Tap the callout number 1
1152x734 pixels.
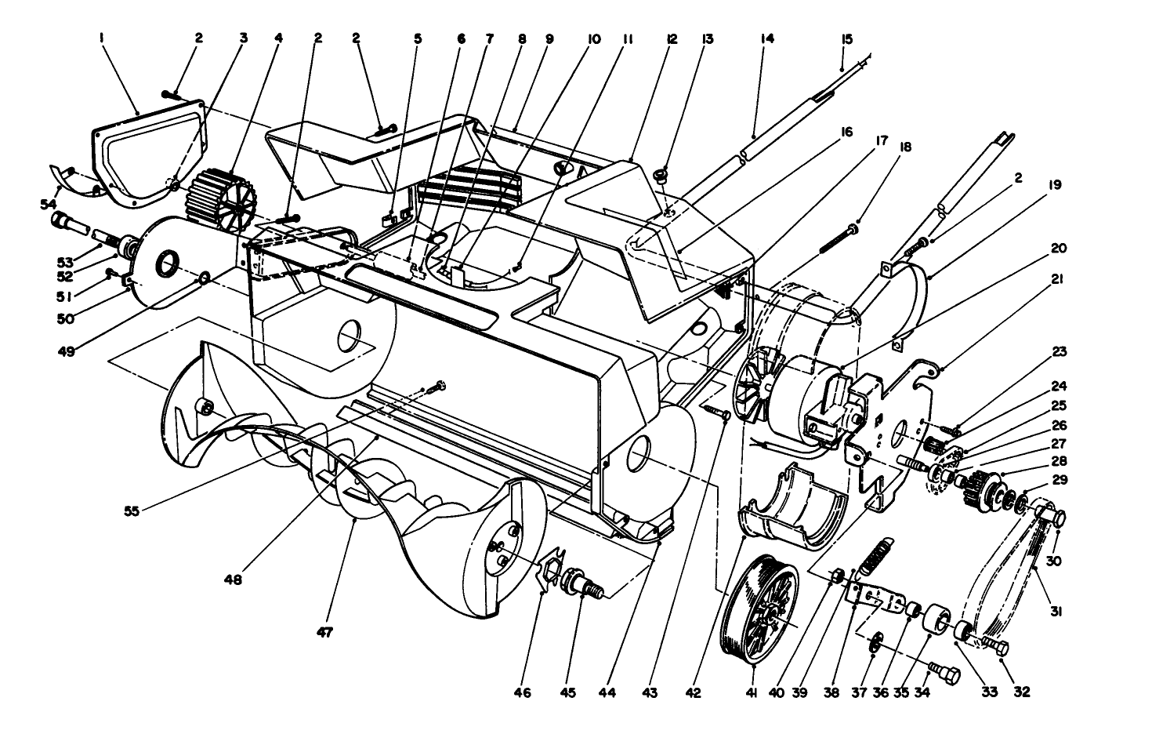point(102,37)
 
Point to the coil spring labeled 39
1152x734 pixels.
point(874,557)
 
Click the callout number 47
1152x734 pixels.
point(323,631)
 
